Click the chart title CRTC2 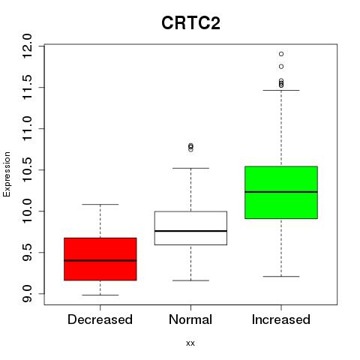[x=190, y=23]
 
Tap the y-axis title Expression [x=7, y=174]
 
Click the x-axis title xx [x=190, y=343]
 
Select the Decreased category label [x=100, y=319]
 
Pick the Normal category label [x=190, y=319]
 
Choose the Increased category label [x=281, y=319]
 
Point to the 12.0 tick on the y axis [x=27, y=46]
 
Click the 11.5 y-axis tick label [x=27, y=88]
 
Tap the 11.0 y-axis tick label [x=27, y=129]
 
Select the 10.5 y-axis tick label [x=27, y=170]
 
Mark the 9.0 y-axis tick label [x=27, y=294]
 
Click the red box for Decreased [x=100, y=259]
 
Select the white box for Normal [x=190, y=228]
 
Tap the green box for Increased [x=281, y=193]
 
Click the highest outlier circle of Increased [x=281, y=54]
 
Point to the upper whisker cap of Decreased [x=100, y=205]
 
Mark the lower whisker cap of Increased [x=281, y=277]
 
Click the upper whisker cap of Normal [x=190, y=168]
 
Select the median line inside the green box [x=281, y=192]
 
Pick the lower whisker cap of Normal [x=190, y=280]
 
